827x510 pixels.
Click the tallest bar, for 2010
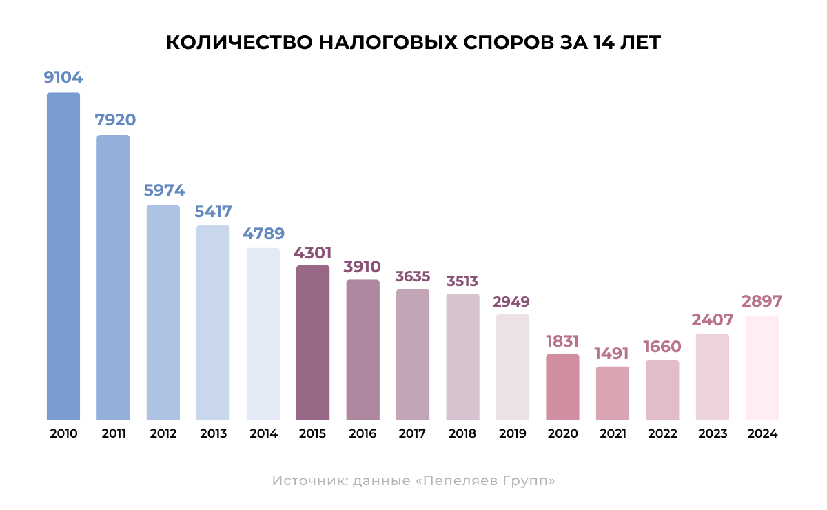coord(63,256)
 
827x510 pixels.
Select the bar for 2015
coord(313,343)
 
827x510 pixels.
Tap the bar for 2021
coord(613,393)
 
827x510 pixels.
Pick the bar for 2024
coord(762,367)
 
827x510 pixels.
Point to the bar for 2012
coord(163,312)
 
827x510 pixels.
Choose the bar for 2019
coord(513,367)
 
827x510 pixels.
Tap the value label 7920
coord(115,120)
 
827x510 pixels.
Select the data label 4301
coord(313,252)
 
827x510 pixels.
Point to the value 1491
coord(613,354)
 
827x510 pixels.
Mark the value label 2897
coord(762,302)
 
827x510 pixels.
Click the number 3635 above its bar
coord(413,276)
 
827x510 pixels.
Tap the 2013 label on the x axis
coord(214,434)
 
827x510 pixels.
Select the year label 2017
coord(413,434)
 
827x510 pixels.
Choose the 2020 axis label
coord(563,434)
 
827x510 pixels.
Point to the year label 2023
coord(713,434)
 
